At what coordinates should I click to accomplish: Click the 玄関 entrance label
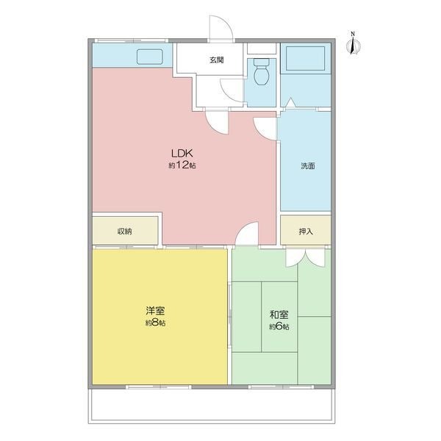[x=216, y=60]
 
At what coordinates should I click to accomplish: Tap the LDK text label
[x=182, y=154]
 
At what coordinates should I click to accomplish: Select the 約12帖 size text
[x=182, y=165]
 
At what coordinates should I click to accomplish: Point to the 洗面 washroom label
[x=308, y=166]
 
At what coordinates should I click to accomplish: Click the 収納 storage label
[x=125, y=232]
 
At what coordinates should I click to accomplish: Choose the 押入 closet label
[x=306, y=232]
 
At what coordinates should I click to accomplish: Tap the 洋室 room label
[x=155, y=311]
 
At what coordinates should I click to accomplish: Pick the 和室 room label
[x=279, y=315]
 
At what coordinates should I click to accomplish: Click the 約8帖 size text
[x=155, y=323]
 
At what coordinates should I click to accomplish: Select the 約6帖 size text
[x=279, y=326]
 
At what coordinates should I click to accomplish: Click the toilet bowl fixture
[x=262, y=72]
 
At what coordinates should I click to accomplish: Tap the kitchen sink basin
[x=150, y=57]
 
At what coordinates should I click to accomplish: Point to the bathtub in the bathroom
[x=306, y=59]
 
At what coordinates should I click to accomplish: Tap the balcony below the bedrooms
[x=212, y=406]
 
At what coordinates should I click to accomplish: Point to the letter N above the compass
[x=353, y=34]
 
